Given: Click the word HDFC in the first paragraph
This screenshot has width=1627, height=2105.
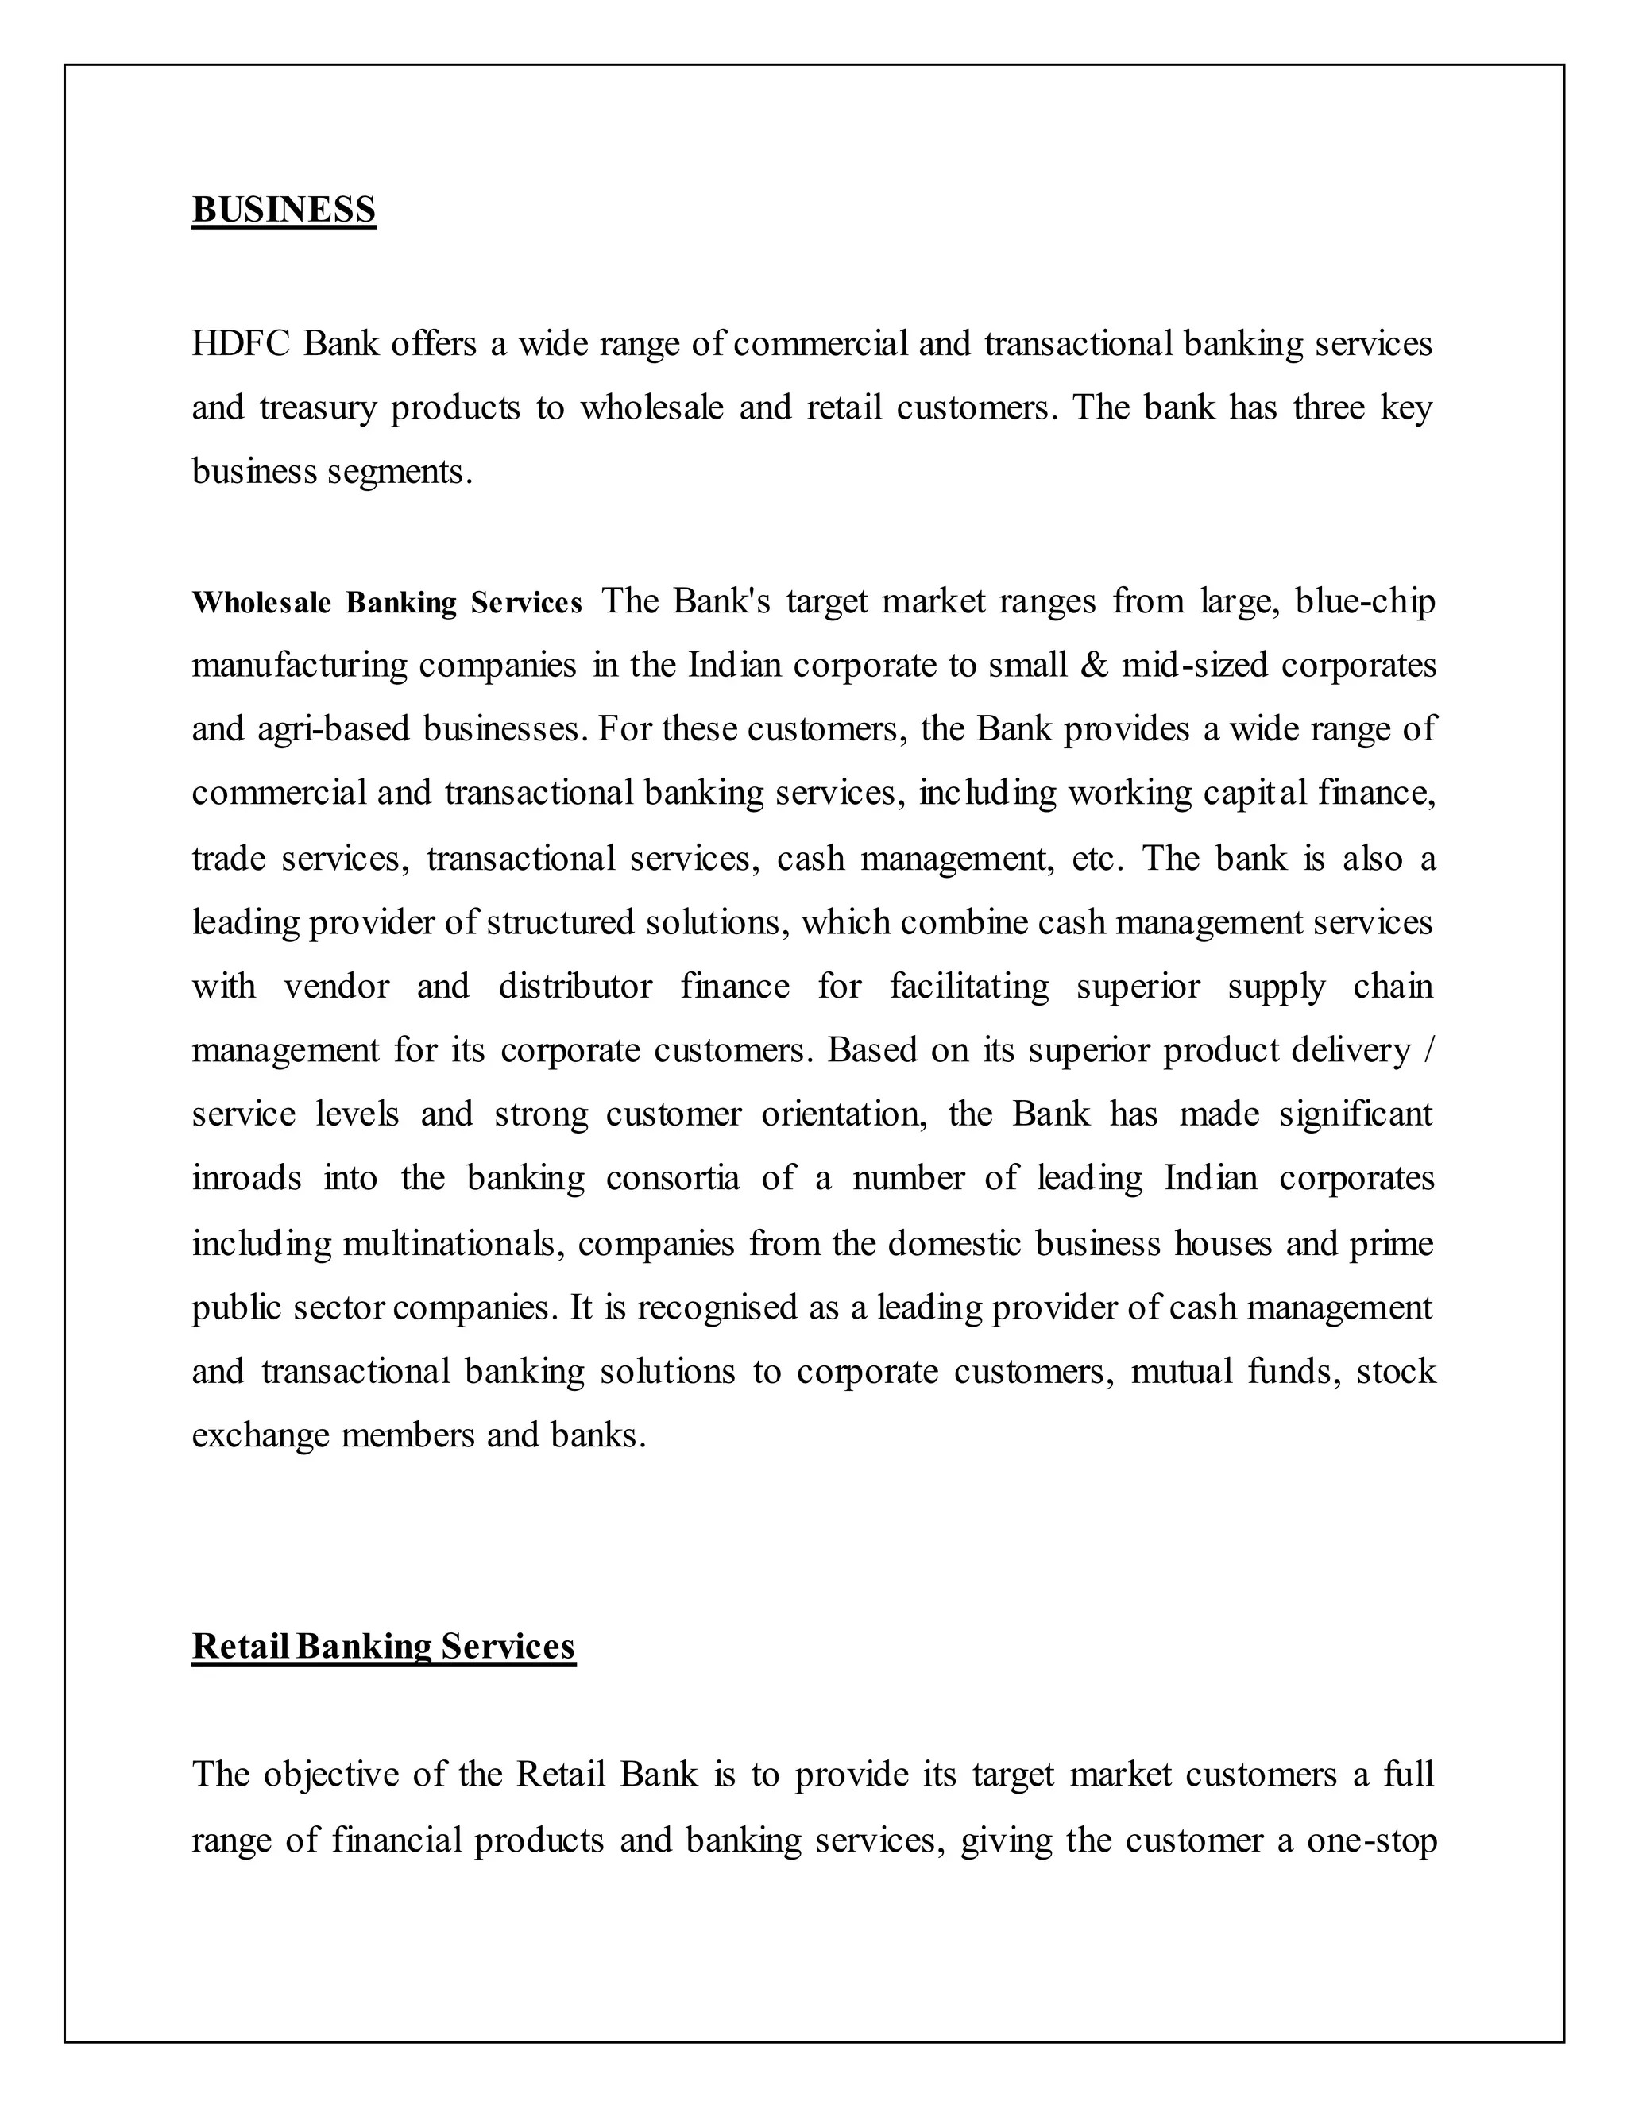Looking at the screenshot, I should coord(240,343).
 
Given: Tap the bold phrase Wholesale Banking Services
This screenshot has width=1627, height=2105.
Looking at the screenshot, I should coord(387,602).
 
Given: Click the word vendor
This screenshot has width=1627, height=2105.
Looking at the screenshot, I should coord(336,986).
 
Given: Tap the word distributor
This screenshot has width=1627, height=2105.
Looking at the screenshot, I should coord(574,986).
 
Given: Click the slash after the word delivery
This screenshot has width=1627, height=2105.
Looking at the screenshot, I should coord(1428,1049).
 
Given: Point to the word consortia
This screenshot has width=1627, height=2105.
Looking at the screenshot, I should coord(673,1178).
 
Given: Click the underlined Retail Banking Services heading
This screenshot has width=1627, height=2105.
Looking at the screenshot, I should coord(384,1645).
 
